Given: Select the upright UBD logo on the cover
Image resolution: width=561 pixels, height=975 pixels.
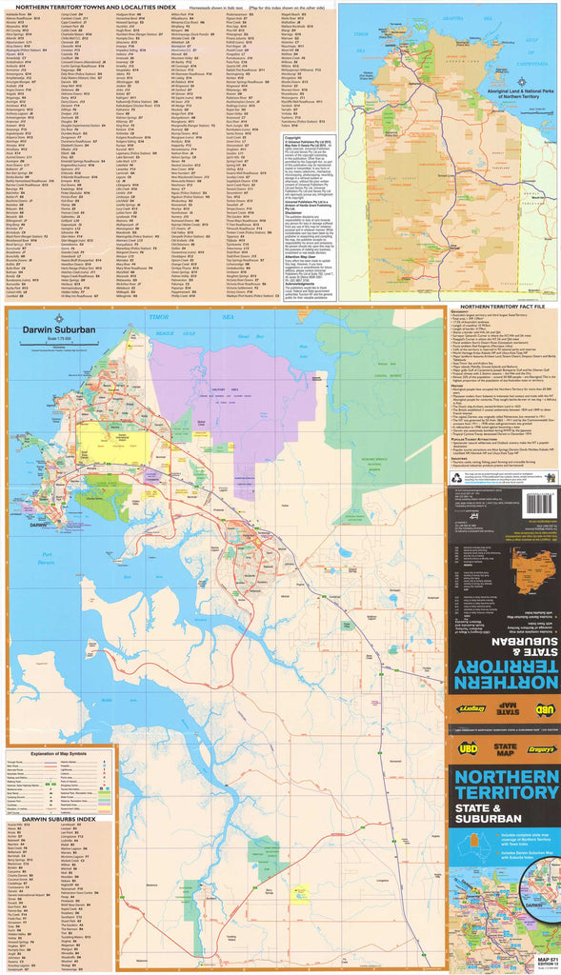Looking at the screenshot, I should (465, 749).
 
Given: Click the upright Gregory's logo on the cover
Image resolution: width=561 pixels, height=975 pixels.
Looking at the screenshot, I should (540, 749).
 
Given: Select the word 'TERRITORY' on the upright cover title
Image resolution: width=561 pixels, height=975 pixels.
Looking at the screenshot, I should (505, 795).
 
